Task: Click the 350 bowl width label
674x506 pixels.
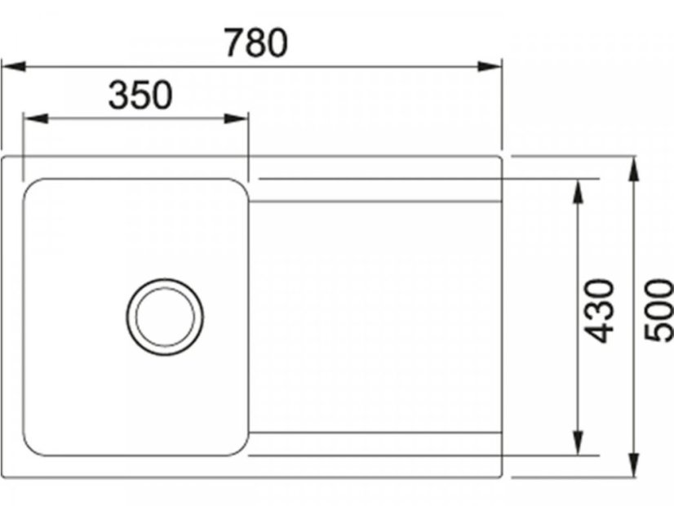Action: (140, 95)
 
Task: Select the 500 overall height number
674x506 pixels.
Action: (658, 310)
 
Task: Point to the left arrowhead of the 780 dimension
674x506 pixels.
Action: (10, 65)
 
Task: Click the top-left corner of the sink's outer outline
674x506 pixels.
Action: (4, 157)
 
